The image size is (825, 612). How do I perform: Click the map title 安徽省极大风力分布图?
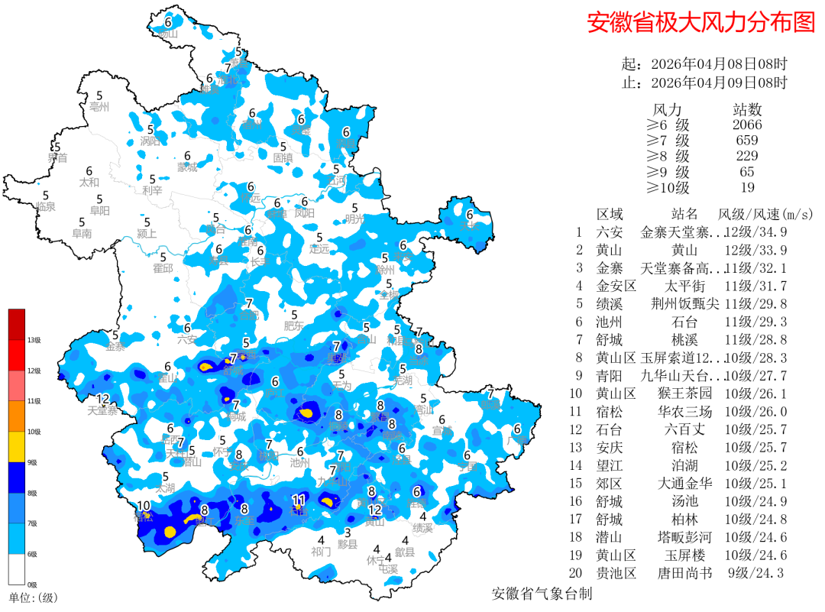point(700,22)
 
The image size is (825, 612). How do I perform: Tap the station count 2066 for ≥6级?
point(746,125)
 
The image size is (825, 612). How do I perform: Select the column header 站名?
point(684,214)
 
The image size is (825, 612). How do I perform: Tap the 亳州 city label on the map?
point(99,107)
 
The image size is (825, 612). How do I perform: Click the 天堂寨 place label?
point(102,411)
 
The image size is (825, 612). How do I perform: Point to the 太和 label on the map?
point(89,183)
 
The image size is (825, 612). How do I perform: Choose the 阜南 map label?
point(82,233)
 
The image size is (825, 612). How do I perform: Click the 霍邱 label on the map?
point(163,268)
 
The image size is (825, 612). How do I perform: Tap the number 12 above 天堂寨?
point(102,399)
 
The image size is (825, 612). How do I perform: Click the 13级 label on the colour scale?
point(34,340)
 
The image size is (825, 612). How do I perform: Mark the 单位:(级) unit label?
point(33,597)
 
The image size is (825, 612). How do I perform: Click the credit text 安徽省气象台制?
point(542,594)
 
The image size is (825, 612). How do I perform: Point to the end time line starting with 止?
point(704,83)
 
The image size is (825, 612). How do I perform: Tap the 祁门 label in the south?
point(321,551)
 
